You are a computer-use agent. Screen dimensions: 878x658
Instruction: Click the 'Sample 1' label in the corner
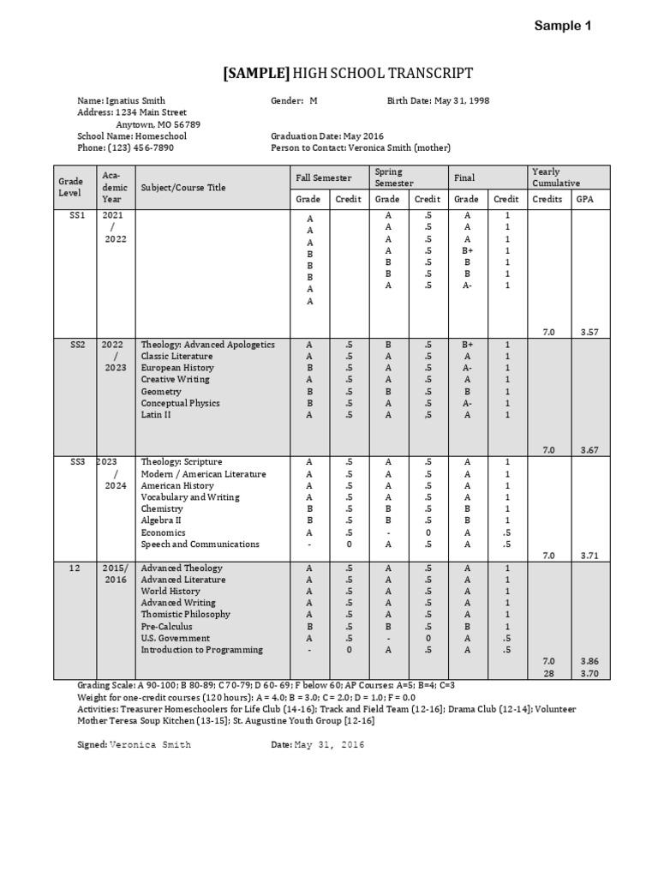pyautogui.click(x=562, y=26)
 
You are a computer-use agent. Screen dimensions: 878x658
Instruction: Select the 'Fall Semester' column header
pyautogui.click(x=323, y=177)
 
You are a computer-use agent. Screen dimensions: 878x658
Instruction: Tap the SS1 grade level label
pyautogui.click(x=77, y=215)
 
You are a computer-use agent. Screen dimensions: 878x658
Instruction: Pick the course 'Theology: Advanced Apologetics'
pyautogui.click(x=207, y=345)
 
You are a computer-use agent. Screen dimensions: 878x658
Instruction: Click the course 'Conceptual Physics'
pyautogui.click(x=180, y=403)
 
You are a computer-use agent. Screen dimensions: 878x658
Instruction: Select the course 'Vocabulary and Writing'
pyautogui.click(x=190, y=497)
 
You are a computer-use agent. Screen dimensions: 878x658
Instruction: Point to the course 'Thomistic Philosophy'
pyautogui.click(x=185, y=614)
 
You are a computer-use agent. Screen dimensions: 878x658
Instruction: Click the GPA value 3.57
pyautogui.click(x=588, y=331)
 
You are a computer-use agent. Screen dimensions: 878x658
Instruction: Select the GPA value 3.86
pyautogui.click(x=588, y=661)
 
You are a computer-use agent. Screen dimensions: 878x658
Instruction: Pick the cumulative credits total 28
pyautogui.click(x=547, y=674)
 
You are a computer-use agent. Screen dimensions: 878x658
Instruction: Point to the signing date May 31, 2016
pyautogui.click(x=330, y=745)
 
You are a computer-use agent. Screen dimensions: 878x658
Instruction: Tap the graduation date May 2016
pyautogui.click(x=363, y=135)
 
